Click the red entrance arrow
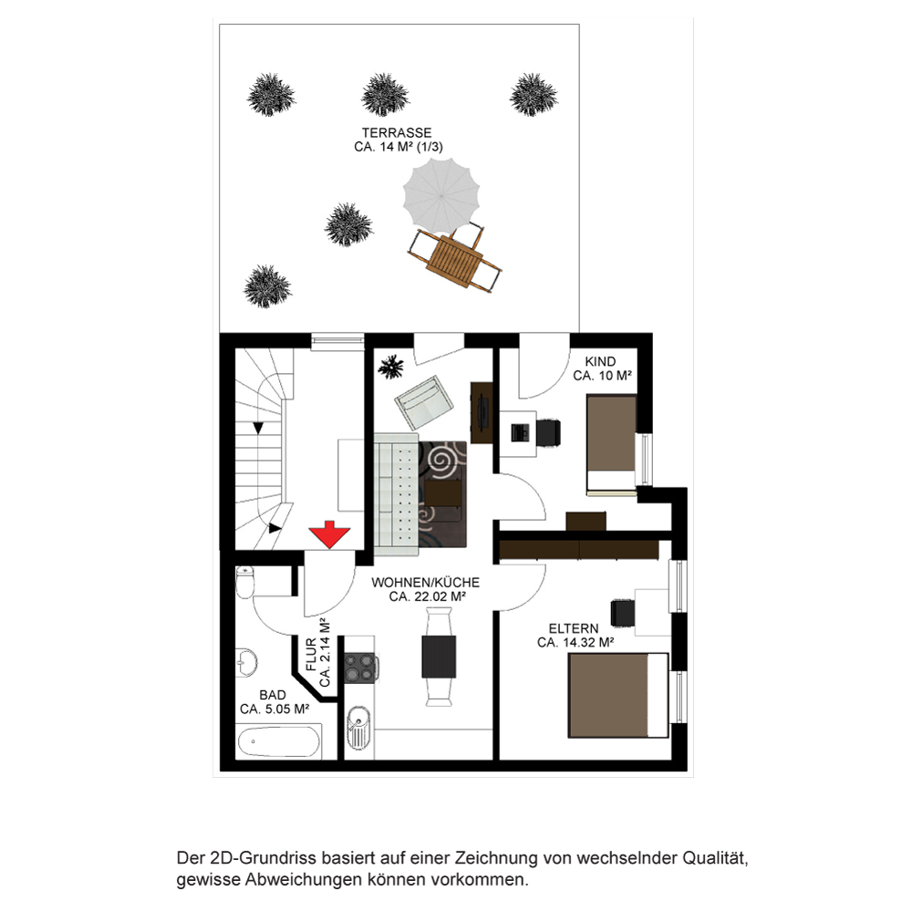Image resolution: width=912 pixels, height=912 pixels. pos(329,534)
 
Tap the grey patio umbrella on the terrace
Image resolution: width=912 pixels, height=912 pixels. pos(442,195)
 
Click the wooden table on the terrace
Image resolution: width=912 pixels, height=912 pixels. pos(454,261)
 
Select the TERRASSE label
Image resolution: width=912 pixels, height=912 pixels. pos(397,132)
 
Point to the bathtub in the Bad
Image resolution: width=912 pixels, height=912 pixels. pos(278,741)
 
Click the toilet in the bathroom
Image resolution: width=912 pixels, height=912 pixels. pos(244,582)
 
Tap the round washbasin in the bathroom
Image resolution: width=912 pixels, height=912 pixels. pos(246,662)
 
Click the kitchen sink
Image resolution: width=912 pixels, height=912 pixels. pos(358,728)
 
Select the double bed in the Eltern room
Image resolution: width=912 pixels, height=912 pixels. pos(618,695)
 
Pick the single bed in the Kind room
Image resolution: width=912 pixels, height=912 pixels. pos(611,444)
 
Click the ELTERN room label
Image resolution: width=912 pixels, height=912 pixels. pos(574,628)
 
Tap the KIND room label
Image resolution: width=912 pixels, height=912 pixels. pos(600,362)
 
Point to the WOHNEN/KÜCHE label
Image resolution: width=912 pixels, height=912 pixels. pos(426,582)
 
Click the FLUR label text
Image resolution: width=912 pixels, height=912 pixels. pos(311,655)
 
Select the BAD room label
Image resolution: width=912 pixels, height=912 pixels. pos(273,695)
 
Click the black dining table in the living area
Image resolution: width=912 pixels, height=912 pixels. pos(439,656)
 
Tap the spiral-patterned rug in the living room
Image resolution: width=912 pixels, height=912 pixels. pos(442,493)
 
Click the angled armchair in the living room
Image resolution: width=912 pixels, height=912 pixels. pos(423,401)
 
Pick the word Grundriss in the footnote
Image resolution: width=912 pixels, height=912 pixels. pos(278,858)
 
